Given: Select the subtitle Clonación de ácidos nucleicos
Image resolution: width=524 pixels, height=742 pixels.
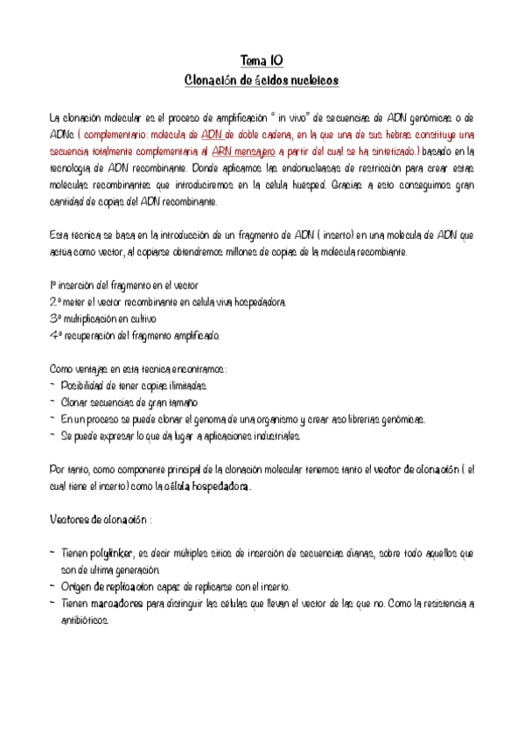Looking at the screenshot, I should [x=262, y=80].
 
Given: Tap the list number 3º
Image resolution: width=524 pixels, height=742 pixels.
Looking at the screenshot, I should [x=55, y=318].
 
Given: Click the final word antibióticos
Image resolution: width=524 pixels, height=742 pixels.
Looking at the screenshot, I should [x=84, y=620].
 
